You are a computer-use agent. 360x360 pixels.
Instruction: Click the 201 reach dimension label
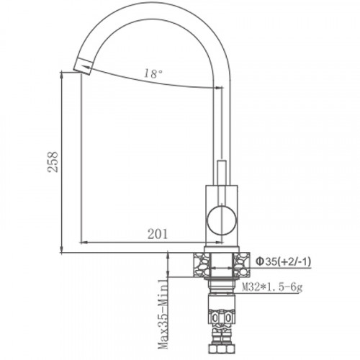[x=157, y=233]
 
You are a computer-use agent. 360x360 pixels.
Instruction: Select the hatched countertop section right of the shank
[x=243, y=264]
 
